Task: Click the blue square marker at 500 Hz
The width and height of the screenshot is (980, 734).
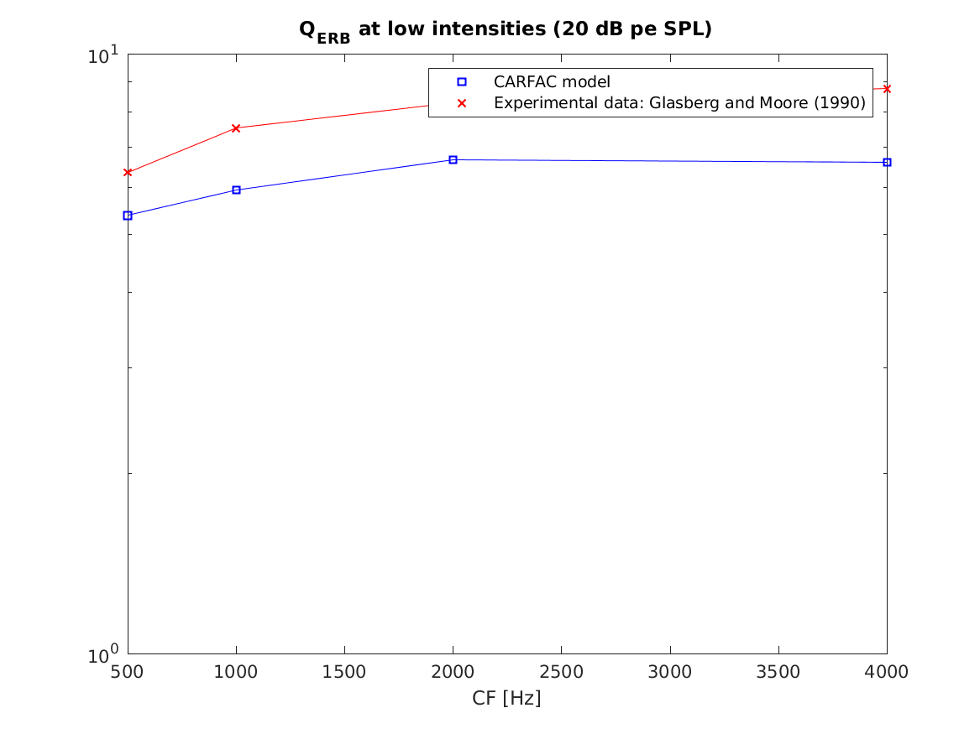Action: pyautogui.click(x=128, y=216)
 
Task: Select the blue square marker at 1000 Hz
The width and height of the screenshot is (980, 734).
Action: pyautogui.click(x=236, y=190)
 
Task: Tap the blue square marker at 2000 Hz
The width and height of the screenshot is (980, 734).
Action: pyautogui.click(x=453, y=159)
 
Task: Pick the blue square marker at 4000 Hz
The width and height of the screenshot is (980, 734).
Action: pyautogui.click(x=887, y=162)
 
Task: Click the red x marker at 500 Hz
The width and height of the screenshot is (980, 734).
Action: pyautogui.click(x=128, y=172)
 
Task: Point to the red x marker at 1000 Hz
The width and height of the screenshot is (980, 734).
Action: pyautogui.click(x=236, y=128)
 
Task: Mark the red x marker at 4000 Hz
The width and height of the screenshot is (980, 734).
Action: pyautogui.click(x=887, y=88)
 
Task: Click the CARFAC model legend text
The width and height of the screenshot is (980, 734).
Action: pyautogui.click(x=551, y=82)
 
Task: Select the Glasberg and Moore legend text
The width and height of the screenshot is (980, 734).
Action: pyautogui.click(x=679, y=103)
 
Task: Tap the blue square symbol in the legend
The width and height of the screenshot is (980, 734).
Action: pyautogui.click(x=461, y=82)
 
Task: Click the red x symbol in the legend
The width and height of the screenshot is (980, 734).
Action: pyautogui.click(x=461, y=103)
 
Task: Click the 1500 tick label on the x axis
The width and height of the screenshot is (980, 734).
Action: pyautogui.click(x=344, y=672)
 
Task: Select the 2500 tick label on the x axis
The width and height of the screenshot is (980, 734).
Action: pyautogui.click(x=561, y=672)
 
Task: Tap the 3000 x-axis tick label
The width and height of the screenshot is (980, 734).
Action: pyautogui.click(x=669, y=672)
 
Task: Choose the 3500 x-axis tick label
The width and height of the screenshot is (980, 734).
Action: pyautogui.click(x=778, y=672)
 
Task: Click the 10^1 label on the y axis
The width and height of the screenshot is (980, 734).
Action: pyautogui.click(x=105, y=55)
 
